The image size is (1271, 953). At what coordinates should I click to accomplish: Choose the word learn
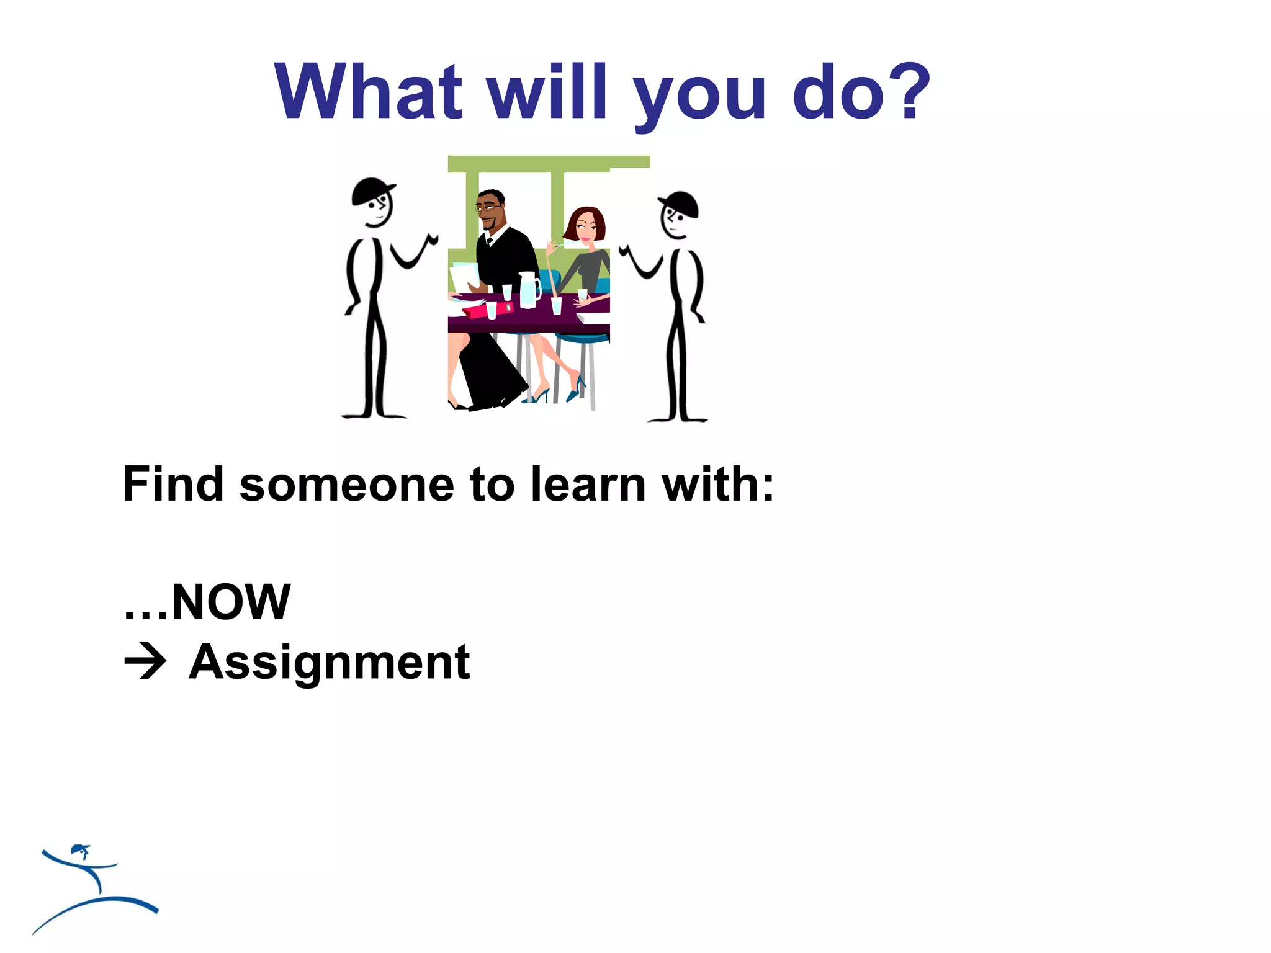(588, 485)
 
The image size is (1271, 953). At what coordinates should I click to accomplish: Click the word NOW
(231, 602)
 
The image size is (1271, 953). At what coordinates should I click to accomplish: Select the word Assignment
(330, 663)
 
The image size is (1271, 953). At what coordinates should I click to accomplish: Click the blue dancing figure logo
(93, 887)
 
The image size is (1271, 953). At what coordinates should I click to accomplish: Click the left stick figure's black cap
(371, 190)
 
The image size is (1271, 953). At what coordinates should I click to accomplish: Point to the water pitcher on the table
(529, 290)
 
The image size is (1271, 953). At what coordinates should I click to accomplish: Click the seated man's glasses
(488, 208)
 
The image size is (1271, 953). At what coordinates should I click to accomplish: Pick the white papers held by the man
(465, 276)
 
